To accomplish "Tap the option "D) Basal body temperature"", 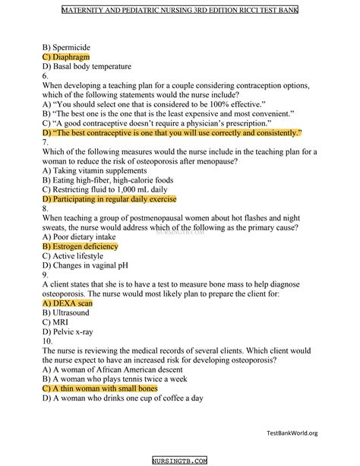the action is pos(87,66).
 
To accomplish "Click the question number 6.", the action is pos(46,76).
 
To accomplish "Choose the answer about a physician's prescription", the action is pos(151,123).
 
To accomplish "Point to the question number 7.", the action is pos(46,142).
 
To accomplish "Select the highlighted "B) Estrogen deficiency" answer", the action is pos(81,247).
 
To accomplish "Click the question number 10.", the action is pos(48,342).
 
